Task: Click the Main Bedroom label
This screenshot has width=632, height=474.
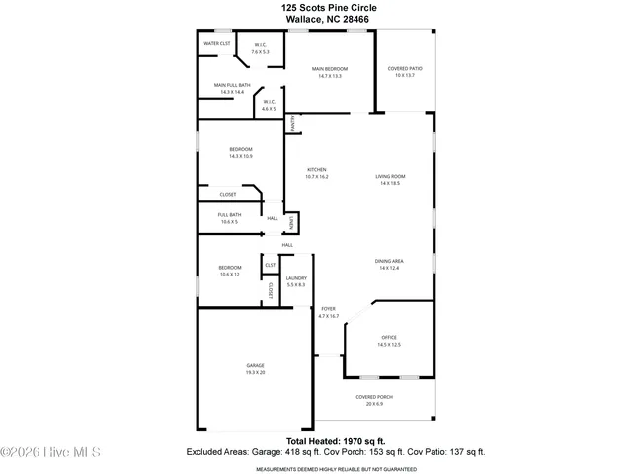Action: pyautogui.click(x=330, y=72)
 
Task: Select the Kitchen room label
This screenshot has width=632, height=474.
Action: pyautogui.click(x=317, y=172)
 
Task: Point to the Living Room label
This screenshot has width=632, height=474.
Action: pyautogui.click(x=390, y=180)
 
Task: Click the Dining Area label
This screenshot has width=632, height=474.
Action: pyautogui.click(x=389, y=264)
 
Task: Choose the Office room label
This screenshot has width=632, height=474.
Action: pyautogui.click(x=388, y=341)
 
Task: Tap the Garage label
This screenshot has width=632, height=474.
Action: pyautogui.click(x=255, y=369)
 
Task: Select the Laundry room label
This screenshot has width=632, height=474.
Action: pyautogui.click(x=296, y=281)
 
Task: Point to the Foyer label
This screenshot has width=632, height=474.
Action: pyautogui.click(x=328, y=312)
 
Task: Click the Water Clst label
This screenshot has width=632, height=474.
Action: pyautogui.click(x=217, y=44)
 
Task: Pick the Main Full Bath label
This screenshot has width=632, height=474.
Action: pyautogui.click(x=232, y=88)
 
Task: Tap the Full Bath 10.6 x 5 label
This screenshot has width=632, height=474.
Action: pyautogui.click(x=228, y=218)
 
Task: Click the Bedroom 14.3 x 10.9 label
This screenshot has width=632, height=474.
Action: pyautogui.click(x=228, y=152)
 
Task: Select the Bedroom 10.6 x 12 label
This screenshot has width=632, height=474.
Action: pyautogui.click(x=229, y=271)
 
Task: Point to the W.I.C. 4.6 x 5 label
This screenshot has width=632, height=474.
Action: pyautogui.click(x=268, y=104)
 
